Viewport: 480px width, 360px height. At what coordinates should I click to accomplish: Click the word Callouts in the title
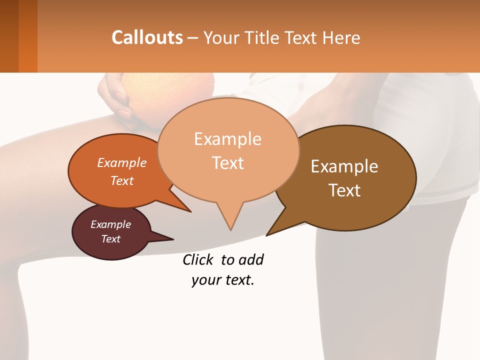pos(147,37)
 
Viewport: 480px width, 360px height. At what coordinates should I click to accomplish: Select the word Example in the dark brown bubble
pos(344,166)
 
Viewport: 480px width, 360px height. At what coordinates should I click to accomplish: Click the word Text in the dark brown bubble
pos(344,190)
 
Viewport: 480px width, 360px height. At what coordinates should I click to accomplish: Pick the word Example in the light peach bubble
pos(227,138)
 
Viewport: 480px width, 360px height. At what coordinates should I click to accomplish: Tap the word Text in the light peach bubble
pos(227,162)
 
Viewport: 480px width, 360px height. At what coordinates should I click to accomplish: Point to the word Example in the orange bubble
pos(122,162)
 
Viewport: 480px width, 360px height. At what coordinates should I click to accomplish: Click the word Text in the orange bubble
pos(122,180)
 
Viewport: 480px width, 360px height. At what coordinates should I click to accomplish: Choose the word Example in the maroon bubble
pos(110,224)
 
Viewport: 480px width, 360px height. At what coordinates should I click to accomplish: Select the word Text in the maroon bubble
pos(110,239)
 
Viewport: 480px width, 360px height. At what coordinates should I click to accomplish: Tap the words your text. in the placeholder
pos(223,280)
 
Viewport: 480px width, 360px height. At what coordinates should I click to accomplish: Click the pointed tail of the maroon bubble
pos(172,239)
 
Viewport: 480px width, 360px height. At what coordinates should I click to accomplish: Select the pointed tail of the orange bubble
pos(190,211)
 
